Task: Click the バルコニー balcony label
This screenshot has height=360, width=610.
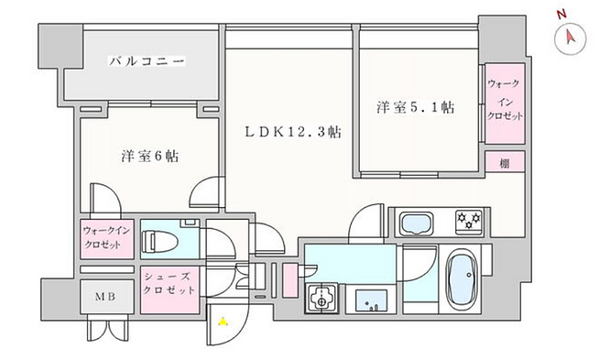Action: tap(147, 61)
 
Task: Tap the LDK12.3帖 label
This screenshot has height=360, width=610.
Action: tap(293, 132)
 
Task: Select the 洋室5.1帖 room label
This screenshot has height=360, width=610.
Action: tap(415, 107)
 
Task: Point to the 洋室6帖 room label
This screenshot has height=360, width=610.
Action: tap(150, 156)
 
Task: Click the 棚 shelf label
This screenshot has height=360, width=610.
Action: tap(505, 163)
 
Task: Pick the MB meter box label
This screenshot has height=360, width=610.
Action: tap(105, 297)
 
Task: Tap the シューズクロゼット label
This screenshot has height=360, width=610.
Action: tap(169, 283)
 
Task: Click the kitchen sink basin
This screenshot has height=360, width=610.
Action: tap(416, 224)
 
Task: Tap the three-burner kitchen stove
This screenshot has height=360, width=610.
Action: tap(469, 221)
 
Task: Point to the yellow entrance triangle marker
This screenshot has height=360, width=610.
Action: tap(223, 322)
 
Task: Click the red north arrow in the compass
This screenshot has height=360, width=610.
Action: tap(570, 37)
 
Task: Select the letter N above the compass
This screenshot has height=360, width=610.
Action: tap(561, 15)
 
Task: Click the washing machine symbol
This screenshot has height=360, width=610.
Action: tap(321, 299)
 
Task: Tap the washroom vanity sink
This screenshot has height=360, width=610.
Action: tap(372, 300)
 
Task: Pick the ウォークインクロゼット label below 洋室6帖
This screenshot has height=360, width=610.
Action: tap(106, 237)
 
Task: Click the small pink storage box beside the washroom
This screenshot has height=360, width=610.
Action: tap(289, 280)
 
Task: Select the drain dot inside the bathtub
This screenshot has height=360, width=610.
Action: tap(470, 275)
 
